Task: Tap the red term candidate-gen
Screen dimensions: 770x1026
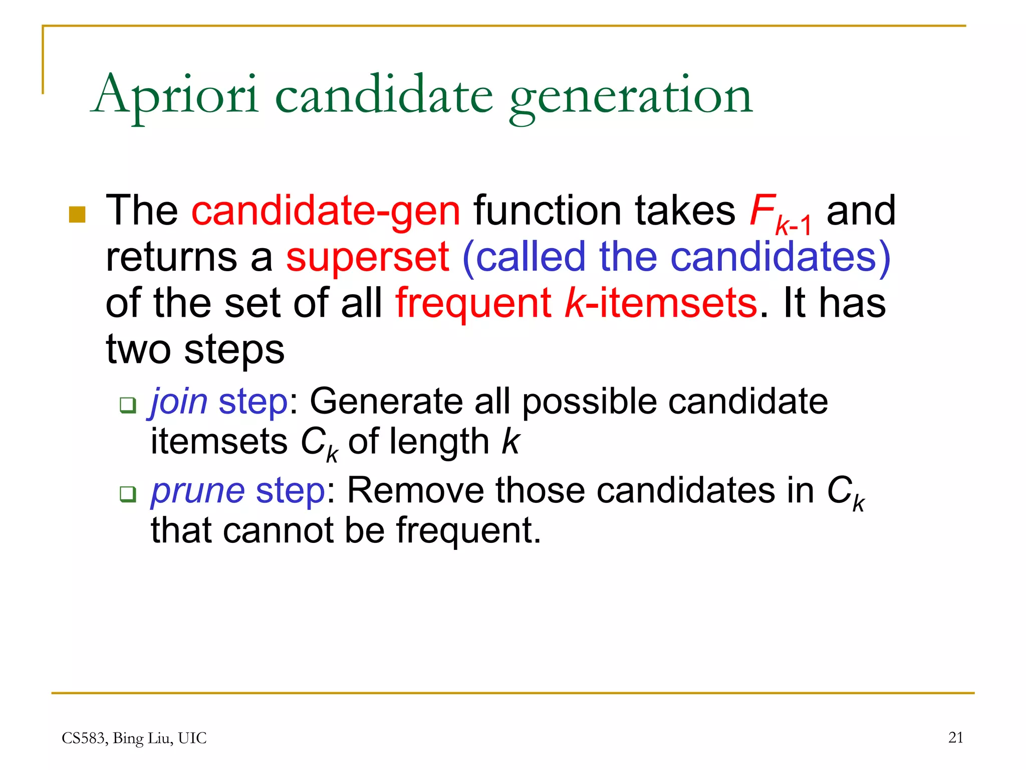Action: [326, 211]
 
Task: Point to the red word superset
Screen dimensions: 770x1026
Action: [368, 257]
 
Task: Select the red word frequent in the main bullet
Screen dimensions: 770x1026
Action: [473, 303]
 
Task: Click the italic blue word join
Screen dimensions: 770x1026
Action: [179, 402]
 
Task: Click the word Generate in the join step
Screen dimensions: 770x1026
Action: [386, 402]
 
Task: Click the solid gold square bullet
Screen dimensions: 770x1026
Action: [77, 214]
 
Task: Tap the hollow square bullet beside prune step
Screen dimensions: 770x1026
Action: [128, 494]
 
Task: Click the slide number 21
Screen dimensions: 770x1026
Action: [955, 737]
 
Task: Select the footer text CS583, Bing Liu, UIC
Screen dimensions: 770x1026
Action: [134, 738]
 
